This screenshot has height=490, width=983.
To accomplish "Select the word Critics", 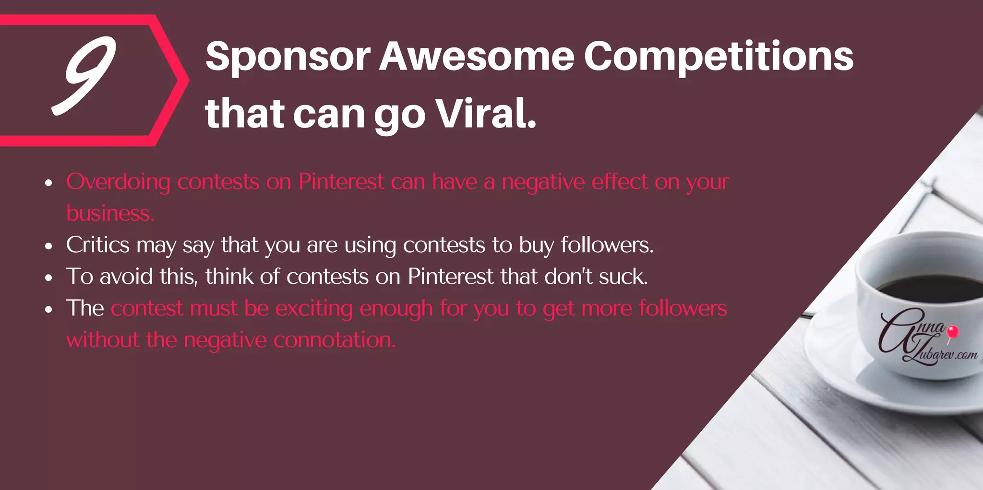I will pyautogui.click(x=97, y=245).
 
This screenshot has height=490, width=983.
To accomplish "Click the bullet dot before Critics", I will pyautogui.click(x=48, y=246).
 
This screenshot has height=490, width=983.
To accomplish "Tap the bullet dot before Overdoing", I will pyautogui.click(x=48, y=183).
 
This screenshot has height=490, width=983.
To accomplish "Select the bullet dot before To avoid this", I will pyautogui.click(x=48, y=278).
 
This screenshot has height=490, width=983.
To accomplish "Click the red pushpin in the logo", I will pyautogui.click(x=953, y=332).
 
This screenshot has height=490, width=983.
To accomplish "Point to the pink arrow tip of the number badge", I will pyautogui.click(x=185, y=81).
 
